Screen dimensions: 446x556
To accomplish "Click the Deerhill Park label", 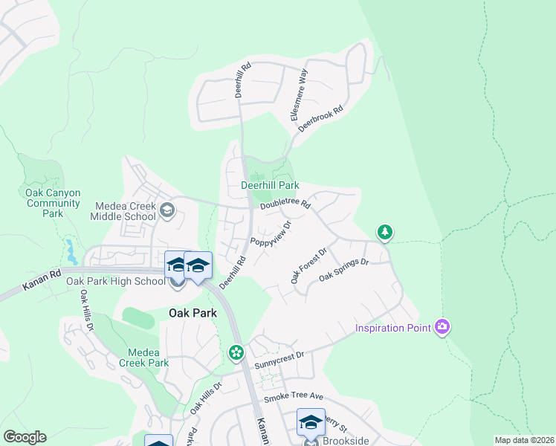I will [x=270, y=185].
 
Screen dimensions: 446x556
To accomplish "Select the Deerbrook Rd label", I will [x=320, y=119].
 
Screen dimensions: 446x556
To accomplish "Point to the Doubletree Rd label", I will [x=285, y=203].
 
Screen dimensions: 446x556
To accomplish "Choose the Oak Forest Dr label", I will [x=308, y=266].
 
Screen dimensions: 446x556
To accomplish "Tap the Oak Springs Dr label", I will [x=343, y=270].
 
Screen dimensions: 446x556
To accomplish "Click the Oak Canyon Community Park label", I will [x=52, y=203].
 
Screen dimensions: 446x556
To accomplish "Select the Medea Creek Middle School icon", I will [x=167, y=210].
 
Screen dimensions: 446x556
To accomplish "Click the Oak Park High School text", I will [x=115, y=281].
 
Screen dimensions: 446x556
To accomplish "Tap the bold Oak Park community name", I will [x=193, y=313].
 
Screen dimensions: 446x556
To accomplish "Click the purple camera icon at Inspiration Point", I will [x=443, y=327].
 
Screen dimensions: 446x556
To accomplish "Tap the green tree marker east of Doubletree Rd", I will [x=384, y=233].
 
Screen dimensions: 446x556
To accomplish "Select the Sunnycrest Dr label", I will [x=279, y=361].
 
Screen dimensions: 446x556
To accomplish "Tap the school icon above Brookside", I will [x=311, y=422].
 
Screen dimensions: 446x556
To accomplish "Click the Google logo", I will [x=25, y=437].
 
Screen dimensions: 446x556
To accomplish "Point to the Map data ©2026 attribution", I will [x=523, y=440].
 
